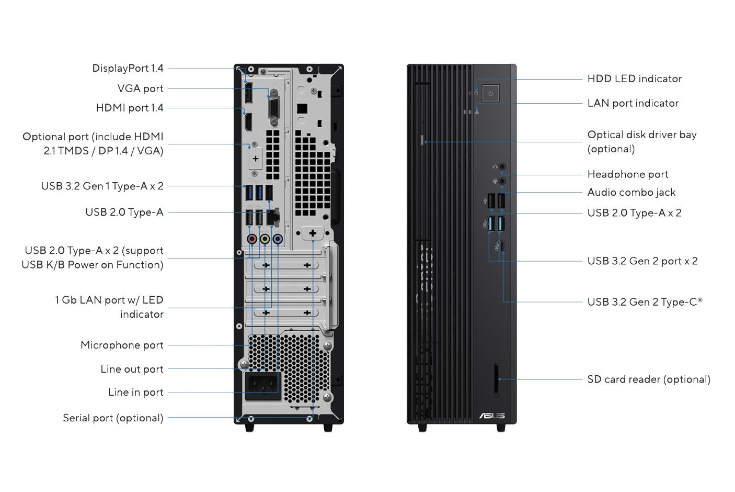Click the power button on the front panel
click(x=490, y=94)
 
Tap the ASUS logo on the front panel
click(x=492, y=416)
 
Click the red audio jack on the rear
click(x=252, y=239)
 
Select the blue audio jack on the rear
click(x=278, y=239)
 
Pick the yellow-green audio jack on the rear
click(x=265, y=239)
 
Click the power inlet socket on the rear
click(x=262, y=386)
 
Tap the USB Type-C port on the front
click(x=503, y=246)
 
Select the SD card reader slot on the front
click(x=496, y=378)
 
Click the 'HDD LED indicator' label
click(x=634, y=79)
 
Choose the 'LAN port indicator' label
click(x=633, y=103)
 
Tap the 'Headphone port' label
click(x=627, y=174)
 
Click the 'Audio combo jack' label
click(x=631, y=192)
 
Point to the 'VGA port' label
click(x=140, y=88)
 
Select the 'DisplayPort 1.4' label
click(x=128, y=68)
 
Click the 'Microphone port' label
click(x=122, y=345)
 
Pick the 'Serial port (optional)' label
click(x=113, y=418)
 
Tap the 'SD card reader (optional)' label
click(x=648, y=379)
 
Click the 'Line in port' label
click(x=135, y=392)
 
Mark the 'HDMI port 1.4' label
click(x=130, y=108)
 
